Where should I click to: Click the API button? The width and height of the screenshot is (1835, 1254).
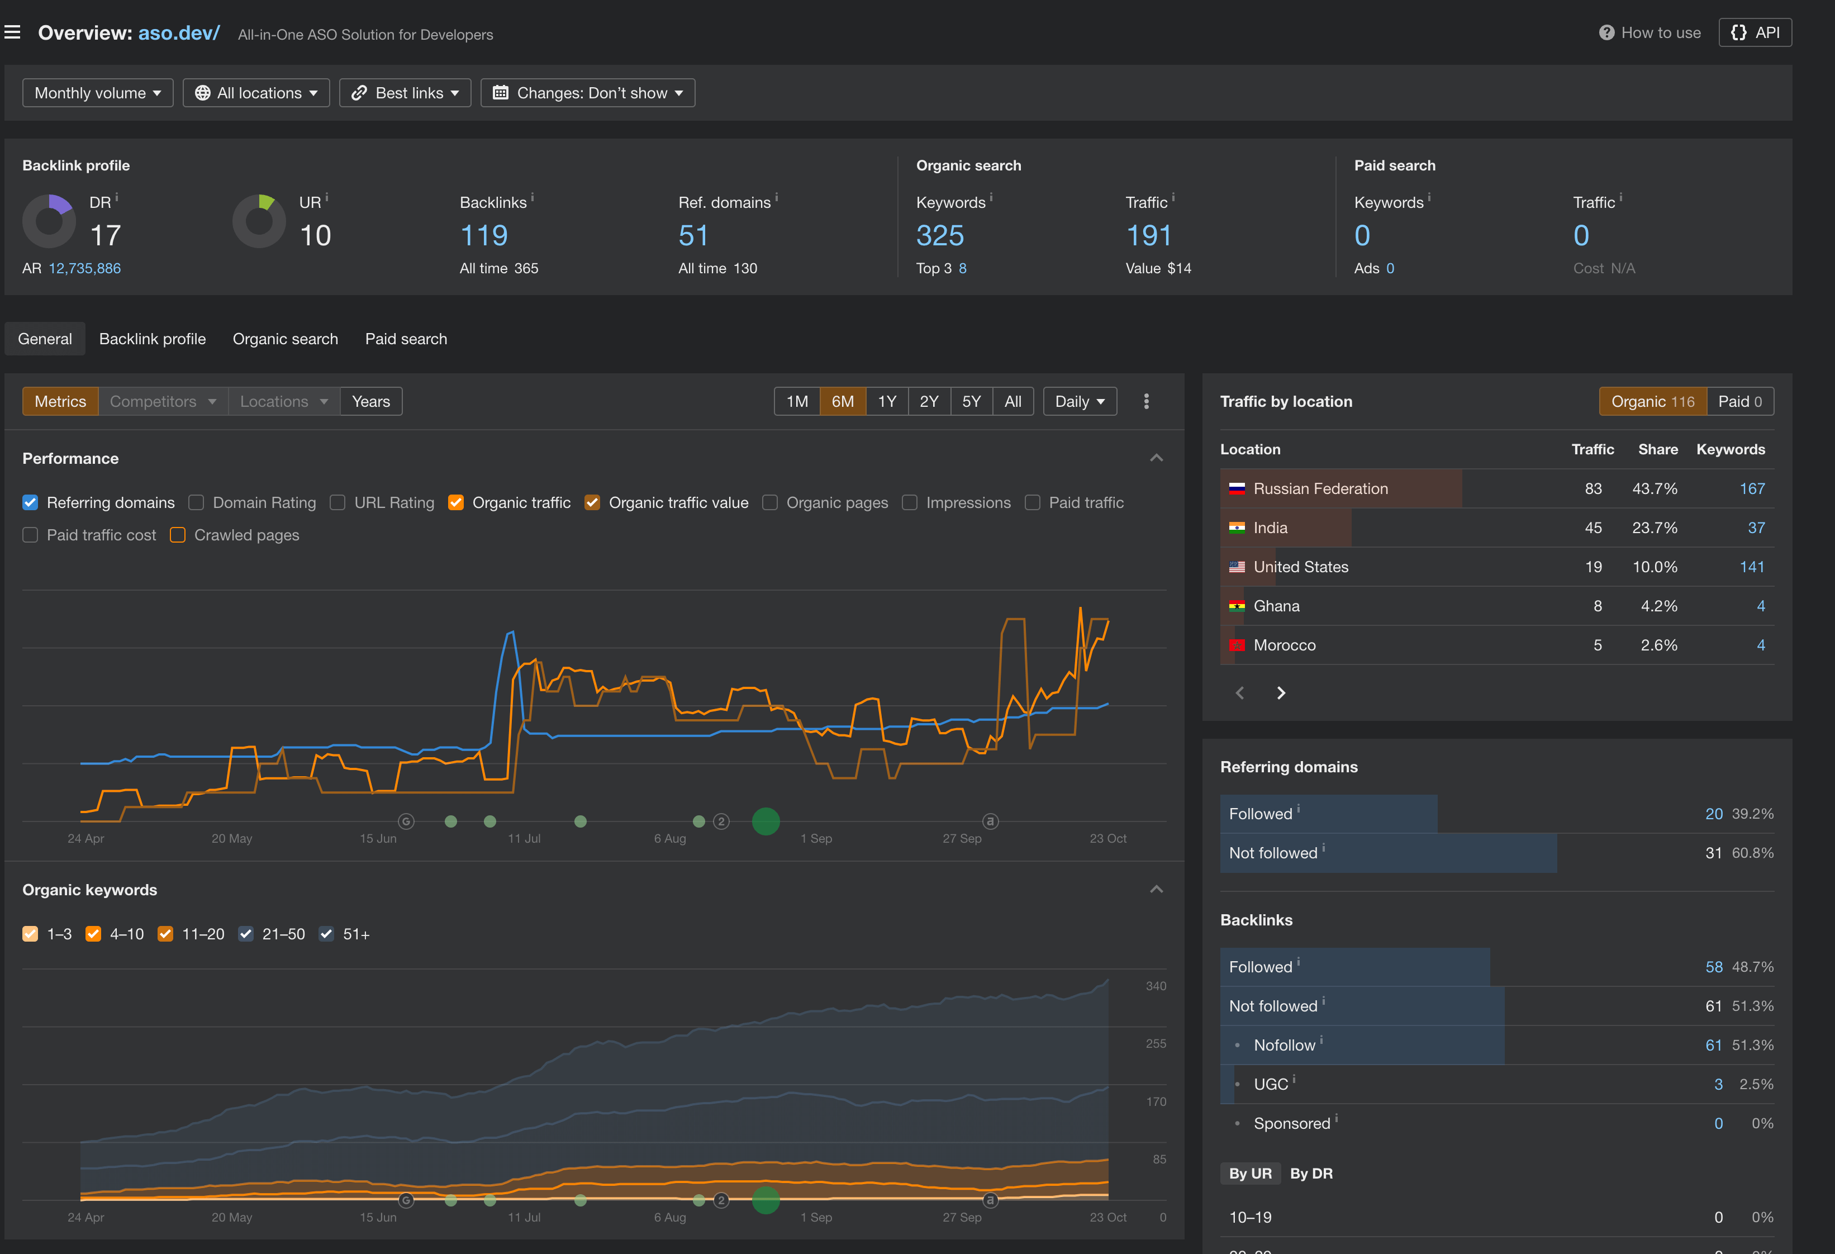tap(1755, 32)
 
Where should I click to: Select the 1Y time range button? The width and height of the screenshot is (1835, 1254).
tap(887, 401)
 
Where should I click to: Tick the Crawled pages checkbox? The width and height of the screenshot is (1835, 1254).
tap(178, 535)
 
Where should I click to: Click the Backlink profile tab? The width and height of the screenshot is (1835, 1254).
tap(153, 339)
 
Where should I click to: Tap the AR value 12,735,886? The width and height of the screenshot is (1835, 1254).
tap(84, 268)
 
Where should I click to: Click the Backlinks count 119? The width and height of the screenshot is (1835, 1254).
tap(483, 235)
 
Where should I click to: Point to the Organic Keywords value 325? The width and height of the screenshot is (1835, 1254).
tap(940, 235)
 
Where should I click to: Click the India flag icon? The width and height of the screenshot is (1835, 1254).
tap(1237, 528)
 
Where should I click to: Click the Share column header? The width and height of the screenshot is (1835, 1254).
tap(1657, 449)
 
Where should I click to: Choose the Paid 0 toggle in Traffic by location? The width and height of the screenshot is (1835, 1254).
tap(1739, 401)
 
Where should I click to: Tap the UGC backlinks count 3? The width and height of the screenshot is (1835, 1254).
tap(1718, 1084)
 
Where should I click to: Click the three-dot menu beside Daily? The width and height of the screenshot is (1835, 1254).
tap(1145, 401)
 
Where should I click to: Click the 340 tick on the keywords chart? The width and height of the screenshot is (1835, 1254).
tap(1155, 986)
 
